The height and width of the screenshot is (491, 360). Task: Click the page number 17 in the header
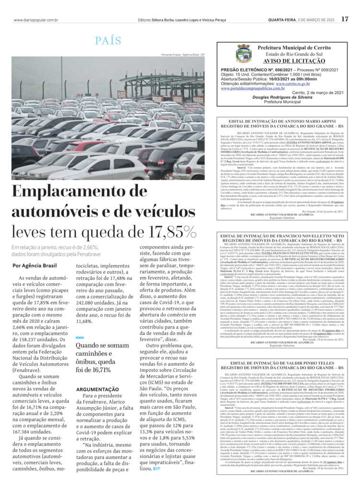pyautogui.click(x=345, y=19)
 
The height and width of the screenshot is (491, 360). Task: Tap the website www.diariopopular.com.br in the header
pyautogui.click(x=36, y=20)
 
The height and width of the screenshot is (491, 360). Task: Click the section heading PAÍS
pyautogui.click(x=108, y=41)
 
